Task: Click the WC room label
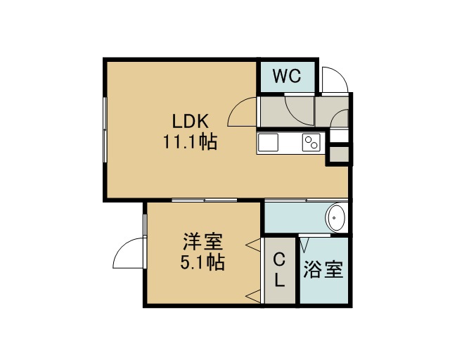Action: click(x=287, y=76)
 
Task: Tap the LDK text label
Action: click(x=191, y=122)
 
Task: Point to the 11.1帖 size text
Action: click(x=191, y=141)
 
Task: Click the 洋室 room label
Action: click(x=203, y=242)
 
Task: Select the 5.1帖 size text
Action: click(x=202, y=262)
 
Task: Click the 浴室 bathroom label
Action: click(x=323, y=269)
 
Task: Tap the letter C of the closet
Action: click(x=279, y=260)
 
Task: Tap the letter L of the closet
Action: click(x=280, y=280)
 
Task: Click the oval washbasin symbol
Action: click(x=336, y=217)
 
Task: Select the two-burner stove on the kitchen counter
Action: click(x=311, y=143)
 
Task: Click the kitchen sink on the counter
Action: click(x=268, y=143)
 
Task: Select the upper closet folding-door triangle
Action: click(x=253, y=245)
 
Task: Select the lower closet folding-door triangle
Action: click(x=253, y=296)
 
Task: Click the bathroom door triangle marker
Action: click(x=304, y=243)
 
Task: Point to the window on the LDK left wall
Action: click(x=105, y=130)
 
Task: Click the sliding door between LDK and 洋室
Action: click(x=205, y=200)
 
